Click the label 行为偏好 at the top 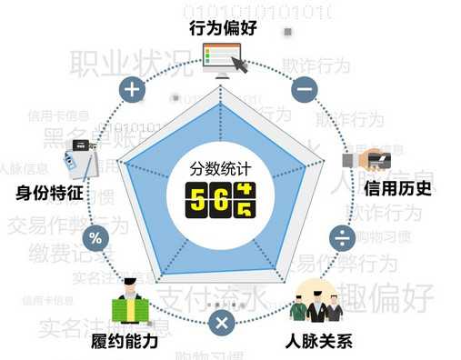click(x=224, y=27)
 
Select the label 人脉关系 click(x=316, y=342)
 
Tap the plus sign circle click(x=134, y=89)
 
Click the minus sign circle click(x=305, y=89)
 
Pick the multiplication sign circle click(x=221, y=323)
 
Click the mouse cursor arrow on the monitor click(x=239, y=65)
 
